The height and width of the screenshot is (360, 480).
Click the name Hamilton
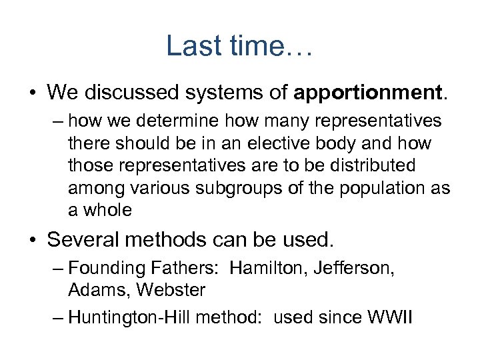262,268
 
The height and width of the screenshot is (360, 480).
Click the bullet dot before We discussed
34,93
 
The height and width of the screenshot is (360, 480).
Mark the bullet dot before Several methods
34,239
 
